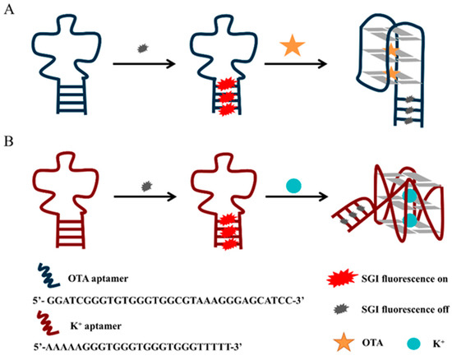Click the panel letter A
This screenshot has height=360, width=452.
point(10,11)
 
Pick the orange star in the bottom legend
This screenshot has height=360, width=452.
point(310,337)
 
